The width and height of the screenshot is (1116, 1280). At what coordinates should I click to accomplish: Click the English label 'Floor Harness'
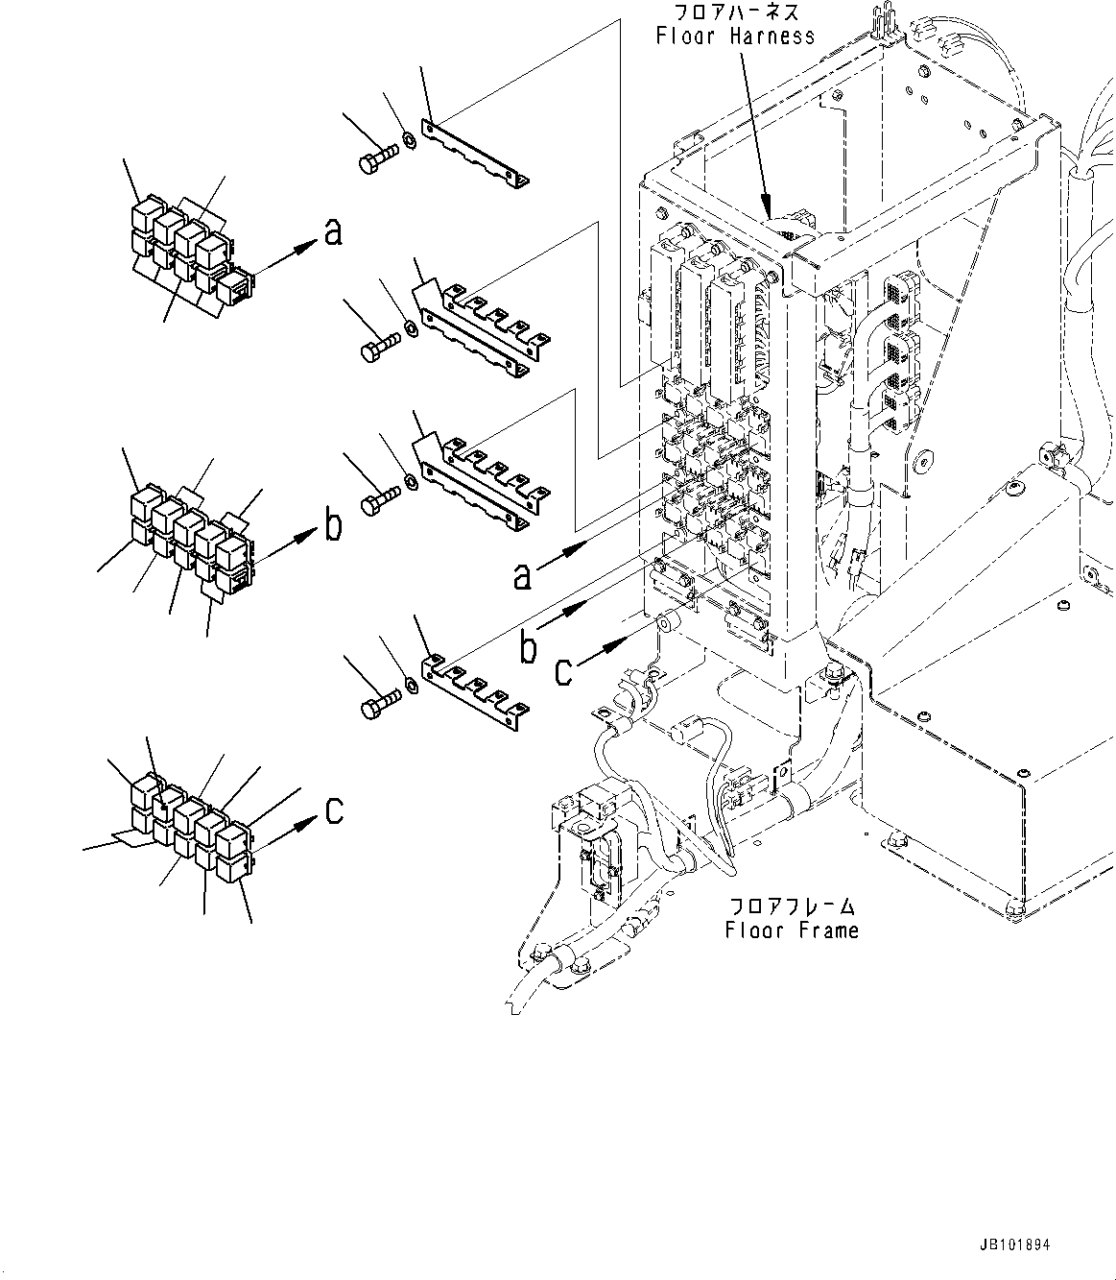point(735,36)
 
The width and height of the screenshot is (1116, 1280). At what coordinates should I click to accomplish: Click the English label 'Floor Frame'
point(792,930)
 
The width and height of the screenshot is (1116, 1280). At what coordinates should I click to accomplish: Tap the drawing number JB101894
point(1015,1245)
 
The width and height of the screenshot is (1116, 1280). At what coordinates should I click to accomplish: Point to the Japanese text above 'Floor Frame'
point(792,906)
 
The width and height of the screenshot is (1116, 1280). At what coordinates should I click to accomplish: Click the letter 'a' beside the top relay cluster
point(333,233)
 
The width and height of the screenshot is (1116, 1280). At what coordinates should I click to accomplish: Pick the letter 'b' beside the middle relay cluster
point(332,525)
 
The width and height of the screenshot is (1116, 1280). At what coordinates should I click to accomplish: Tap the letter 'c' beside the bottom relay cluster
point(333,811)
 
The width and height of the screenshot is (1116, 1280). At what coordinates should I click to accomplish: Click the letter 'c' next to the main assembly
point(563,669)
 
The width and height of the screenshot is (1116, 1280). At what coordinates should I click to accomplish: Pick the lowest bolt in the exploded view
point(377,709)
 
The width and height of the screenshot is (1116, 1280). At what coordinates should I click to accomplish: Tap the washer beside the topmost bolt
point(410,140)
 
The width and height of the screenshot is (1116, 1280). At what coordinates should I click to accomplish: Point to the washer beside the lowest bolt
point(411,685)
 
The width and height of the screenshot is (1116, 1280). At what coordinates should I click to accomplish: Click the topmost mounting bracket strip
point(477,153)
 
